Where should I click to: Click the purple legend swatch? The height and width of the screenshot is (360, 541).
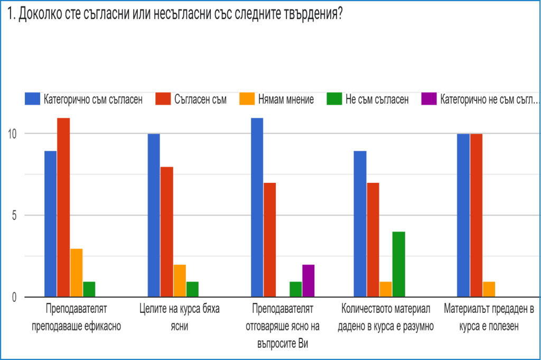pyautogui.click(x=428, y=99)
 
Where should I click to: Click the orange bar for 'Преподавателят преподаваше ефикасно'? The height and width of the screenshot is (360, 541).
pyautogui.click(x=77, y=273)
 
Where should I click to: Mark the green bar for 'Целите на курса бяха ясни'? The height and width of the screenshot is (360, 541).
pyautogui.click(x=193, y=289)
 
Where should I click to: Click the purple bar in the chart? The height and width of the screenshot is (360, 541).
pyautogui.click(x=309, y=281)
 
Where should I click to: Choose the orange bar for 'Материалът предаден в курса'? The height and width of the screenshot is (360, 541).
pyautogui.click(x=489, y=289)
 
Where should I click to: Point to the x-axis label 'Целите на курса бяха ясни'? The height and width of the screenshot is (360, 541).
pyautogui.click(x=180, y=317)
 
